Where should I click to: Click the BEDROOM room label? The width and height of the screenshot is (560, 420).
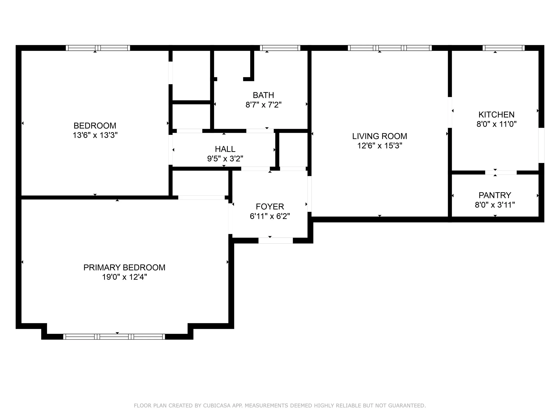[95, 126]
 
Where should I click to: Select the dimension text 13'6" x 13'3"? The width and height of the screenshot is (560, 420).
[95, 135]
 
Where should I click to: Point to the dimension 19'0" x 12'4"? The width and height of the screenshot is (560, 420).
[124, 277]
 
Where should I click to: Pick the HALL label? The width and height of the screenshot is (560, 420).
[225, 149]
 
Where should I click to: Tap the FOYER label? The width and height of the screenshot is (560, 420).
[270, 207]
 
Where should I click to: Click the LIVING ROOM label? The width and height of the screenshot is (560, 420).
[380, 136]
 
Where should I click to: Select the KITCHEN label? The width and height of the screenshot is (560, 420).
[496, 115]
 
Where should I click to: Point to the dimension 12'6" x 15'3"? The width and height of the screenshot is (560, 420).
[380, 146]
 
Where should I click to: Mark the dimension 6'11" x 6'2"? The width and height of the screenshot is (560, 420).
[270, 216]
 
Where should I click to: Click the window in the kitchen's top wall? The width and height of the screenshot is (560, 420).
[504, 48]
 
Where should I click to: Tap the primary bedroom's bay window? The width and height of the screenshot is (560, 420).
[114, 336]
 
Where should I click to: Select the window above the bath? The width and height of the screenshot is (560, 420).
[280, 48]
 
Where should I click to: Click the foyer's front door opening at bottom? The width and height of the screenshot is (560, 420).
[276, 241]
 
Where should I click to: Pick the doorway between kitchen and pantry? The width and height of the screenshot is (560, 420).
[501, 173]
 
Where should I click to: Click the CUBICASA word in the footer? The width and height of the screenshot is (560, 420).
[217, 406]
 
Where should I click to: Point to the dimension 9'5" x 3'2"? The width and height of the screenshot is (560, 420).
[225, 159]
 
